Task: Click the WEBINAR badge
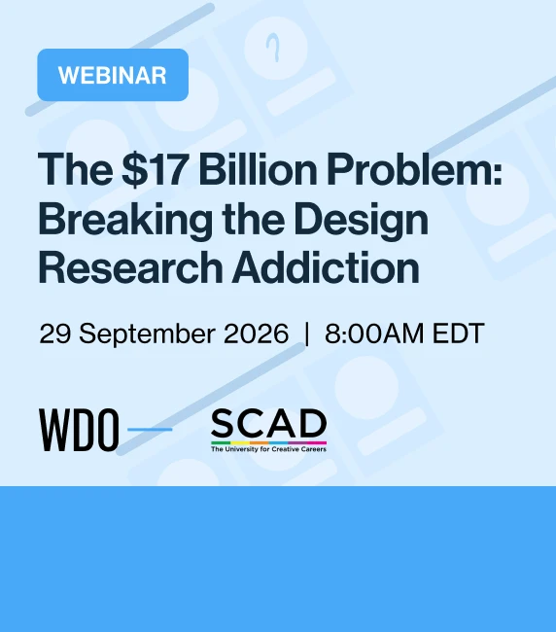click(x=113, y=75)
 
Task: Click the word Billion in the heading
click(x=259, y=168)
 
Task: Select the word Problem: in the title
click(x=415, y=168)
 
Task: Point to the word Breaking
click(x=125, y=221)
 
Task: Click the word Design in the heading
click(x=361, y=221)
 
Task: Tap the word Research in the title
click(x=130, y=267)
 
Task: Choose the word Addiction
click(x=326, y=267)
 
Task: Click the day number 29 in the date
click(x=55, y=334)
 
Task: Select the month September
click(x=147, y=334)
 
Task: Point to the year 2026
click(x=256, y=334)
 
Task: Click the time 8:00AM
click(x=374, y=334)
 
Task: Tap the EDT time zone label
click(x=458, y=334)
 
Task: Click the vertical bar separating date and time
click(x=307, y=334)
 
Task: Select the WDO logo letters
click(x=79, y=430)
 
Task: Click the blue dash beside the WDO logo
click(x=150, y=429)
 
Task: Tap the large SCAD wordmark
click(x=268, y=423)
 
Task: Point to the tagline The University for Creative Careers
click(x=268, y=449)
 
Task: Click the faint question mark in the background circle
click(x=274, y=48)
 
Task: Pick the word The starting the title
click(x=76, y=168)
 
